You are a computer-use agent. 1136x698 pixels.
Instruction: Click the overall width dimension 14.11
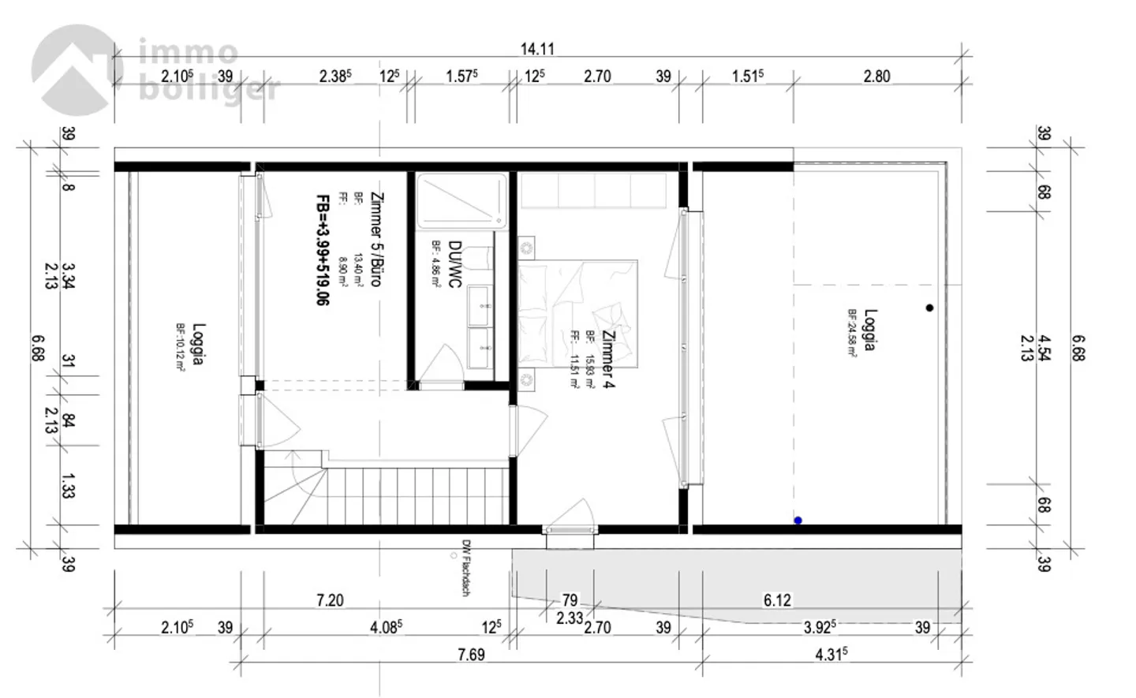point(537,49)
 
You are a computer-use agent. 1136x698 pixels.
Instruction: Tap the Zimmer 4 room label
point(608,359)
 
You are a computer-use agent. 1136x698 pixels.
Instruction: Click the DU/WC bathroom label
point(454,264)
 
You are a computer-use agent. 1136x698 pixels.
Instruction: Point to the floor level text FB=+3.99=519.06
point(322,250)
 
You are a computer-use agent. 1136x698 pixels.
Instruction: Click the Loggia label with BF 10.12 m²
point(198,344)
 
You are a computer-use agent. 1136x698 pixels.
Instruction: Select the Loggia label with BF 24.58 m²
point(869,330)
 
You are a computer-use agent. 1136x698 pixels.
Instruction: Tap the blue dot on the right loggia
point(798,521)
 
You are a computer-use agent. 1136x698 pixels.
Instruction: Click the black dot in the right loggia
point(929,308)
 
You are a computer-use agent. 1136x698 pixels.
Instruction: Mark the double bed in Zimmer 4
point(577,312)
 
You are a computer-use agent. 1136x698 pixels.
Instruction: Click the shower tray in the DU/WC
point(461,202)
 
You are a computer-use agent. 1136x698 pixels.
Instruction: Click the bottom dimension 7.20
point(330,600)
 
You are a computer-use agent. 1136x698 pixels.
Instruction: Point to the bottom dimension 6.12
point(777,600)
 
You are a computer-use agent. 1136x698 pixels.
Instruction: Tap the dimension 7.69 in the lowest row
point(471,655)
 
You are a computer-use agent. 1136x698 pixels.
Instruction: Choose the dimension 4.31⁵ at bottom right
point(831,655)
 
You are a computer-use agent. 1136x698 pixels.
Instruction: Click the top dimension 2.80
point(876,77)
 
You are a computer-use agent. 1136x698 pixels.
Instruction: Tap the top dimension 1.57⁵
point(462,77)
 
